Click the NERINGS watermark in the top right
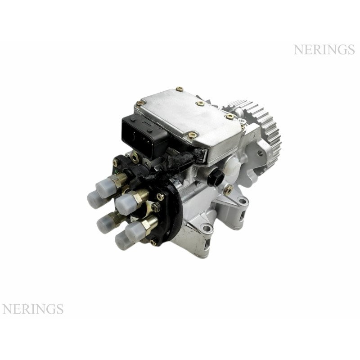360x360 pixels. (x=324, y=49)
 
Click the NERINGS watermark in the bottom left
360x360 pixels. (x=33, y=309)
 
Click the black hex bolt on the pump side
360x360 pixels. (x=216, y=177)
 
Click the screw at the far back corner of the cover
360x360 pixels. (x=179, y=89)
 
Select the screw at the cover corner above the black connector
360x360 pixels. (x=139, y=103)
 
